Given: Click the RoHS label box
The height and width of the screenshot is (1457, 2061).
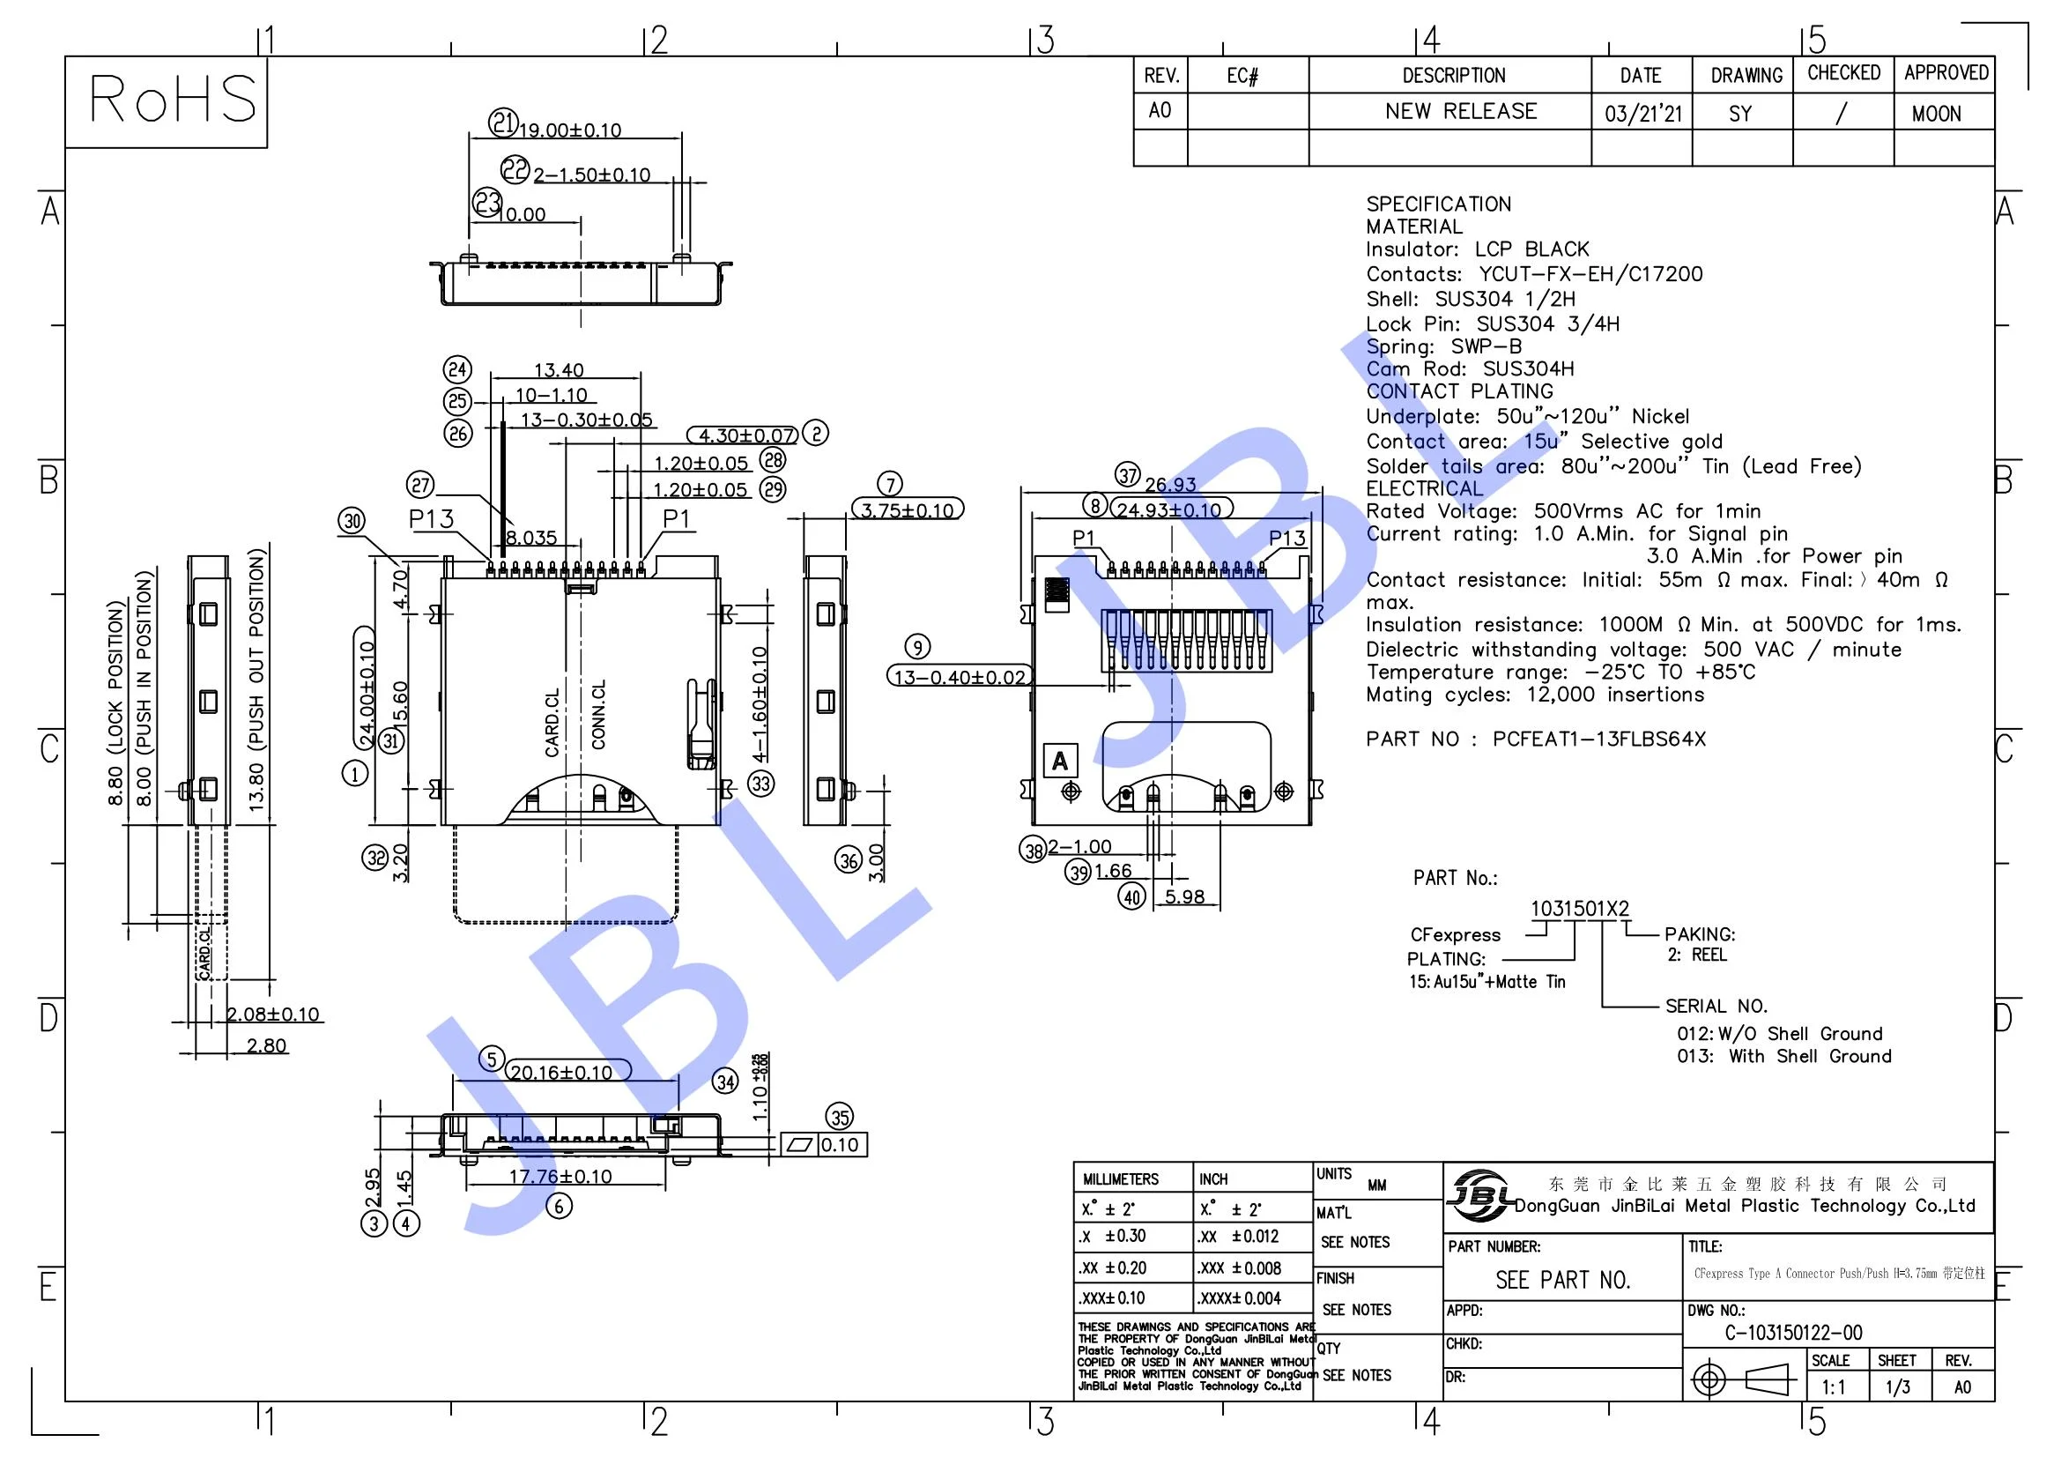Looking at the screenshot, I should point(166,100).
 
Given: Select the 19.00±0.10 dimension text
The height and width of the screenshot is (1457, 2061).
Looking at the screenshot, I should point(570,131).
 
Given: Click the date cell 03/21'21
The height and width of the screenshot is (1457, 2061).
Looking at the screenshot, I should point(1642,114).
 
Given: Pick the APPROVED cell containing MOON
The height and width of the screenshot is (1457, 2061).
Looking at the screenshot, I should point(1936,114).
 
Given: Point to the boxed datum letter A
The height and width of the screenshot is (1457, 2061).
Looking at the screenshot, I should point(1060,762).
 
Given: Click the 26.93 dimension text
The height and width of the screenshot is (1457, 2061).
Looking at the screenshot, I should point(1170,485).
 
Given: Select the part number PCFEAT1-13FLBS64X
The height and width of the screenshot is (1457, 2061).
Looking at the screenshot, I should point(1598,739).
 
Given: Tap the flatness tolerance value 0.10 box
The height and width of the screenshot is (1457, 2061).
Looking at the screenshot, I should point(840,1145).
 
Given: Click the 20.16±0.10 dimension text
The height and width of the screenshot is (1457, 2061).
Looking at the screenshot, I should point(560,1073).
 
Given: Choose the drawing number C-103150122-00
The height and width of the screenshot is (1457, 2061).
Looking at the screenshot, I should point(1793,1332).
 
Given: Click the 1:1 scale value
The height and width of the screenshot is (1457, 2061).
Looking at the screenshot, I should point(1833,1387).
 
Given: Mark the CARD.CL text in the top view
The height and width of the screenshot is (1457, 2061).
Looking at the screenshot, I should point(552,723).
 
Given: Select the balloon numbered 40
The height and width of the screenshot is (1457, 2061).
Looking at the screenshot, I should point(1132,896).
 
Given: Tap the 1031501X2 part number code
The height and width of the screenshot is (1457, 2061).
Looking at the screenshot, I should point(1579,909).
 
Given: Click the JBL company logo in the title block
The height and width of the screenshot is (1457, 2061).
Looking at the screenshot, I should point(1480,1195).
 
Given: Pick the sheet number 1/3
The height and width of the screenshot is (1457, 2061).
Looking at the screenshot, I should point(1897,1387).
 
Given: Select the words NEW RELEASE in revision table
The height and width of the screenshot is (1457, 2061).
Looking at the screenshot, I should point(1460,111).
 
